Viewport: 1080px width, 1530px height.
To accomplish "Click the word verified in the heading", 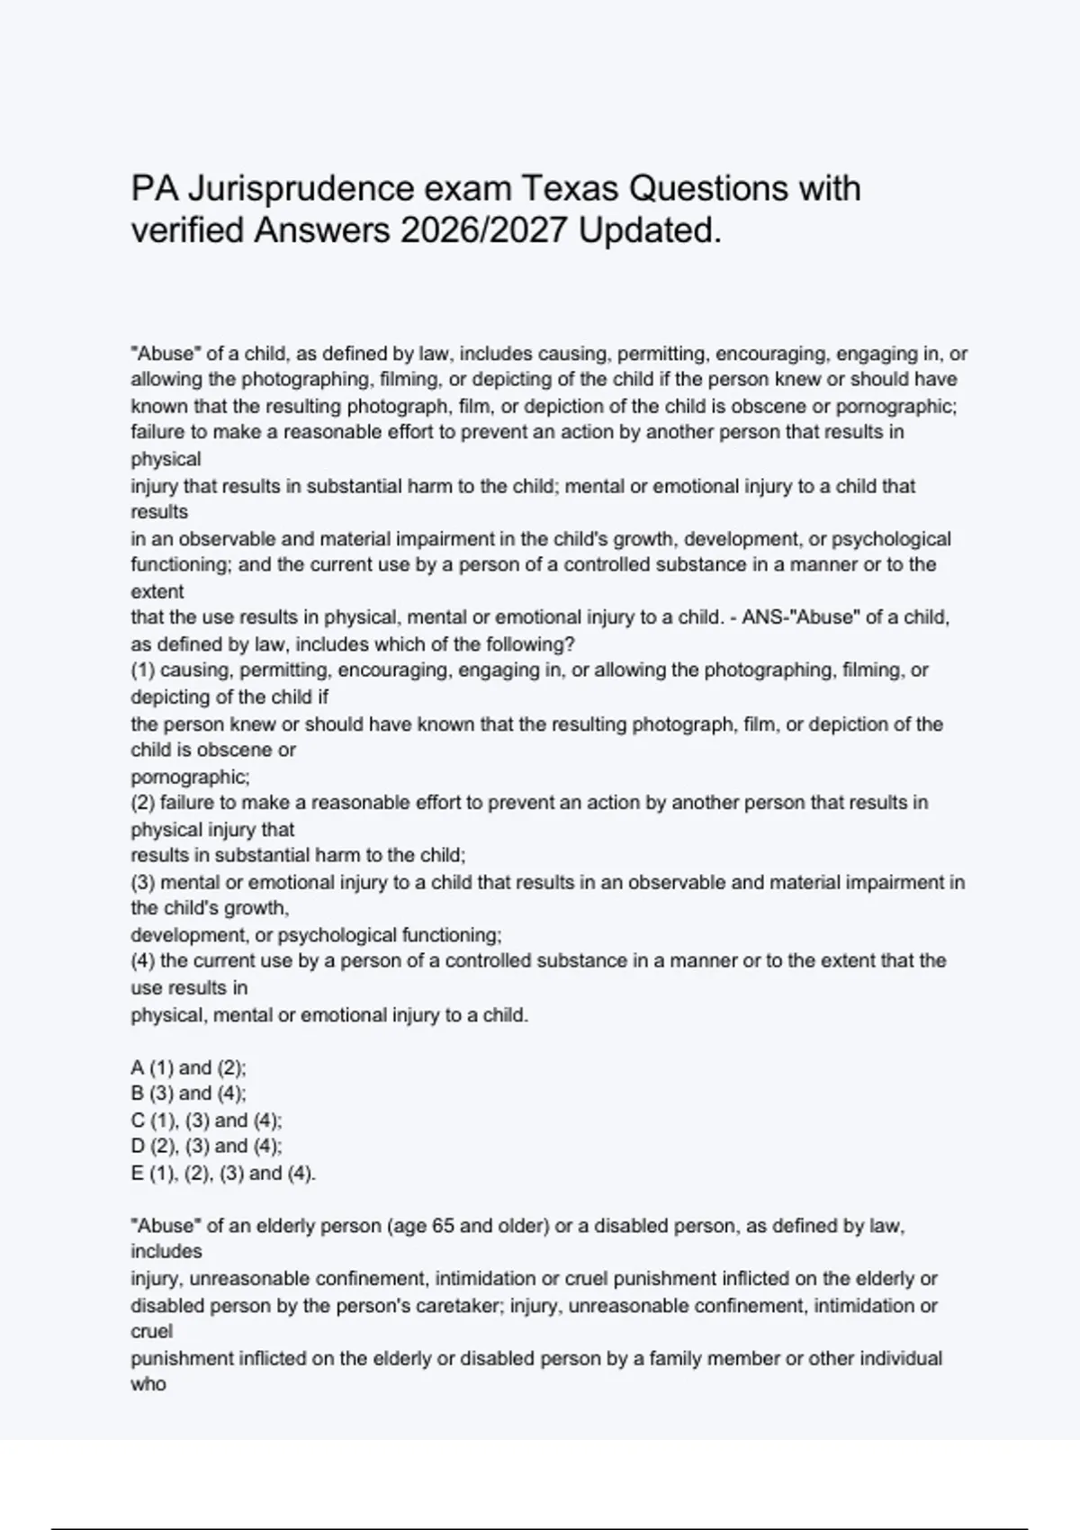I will coord(187,231).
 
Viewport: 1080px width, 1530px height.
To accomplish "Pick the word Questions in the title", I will coord(708,189).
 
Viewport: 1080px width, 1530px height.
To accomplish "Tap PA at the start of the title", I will coord(151,189).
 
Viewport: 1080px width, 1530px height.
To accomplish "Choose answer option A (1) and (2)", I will coord(188,1067).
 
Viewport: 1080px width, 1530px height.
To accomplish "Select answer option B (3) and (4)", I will coord(188,1093).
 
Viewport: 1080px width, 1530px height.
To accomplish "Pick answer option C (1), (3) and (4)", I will coord(206,1120).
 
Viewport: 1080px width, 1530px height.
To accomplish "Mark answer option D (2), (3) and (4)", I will coord(206,1146).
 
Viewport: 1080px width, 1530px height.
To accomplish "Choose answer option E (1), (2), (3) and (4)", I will coord(223,1174).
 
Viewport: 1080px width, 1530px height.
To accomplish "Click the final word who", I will coord(148,1384).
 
